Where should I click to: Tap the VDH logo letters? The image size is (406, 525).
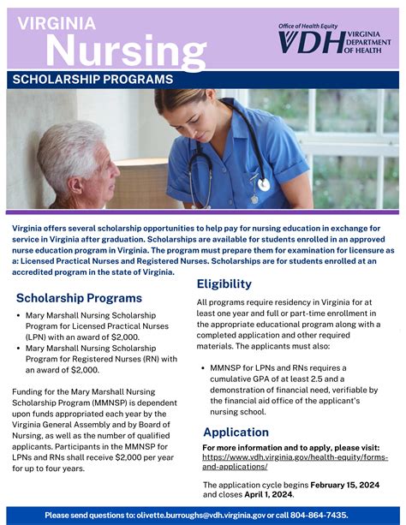(x=310, y=42)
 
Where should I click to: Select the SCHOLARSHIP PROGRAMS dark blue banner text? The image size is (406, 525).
(x=93, y=80)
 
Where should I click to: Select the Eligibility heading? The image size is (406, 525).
(x=224, y=283)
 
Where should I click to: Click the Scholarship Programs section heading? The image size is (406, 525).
(x=79, y=298)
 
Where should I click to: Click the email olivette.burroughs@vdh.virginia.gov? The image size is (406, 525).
(x=200, y=515)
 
